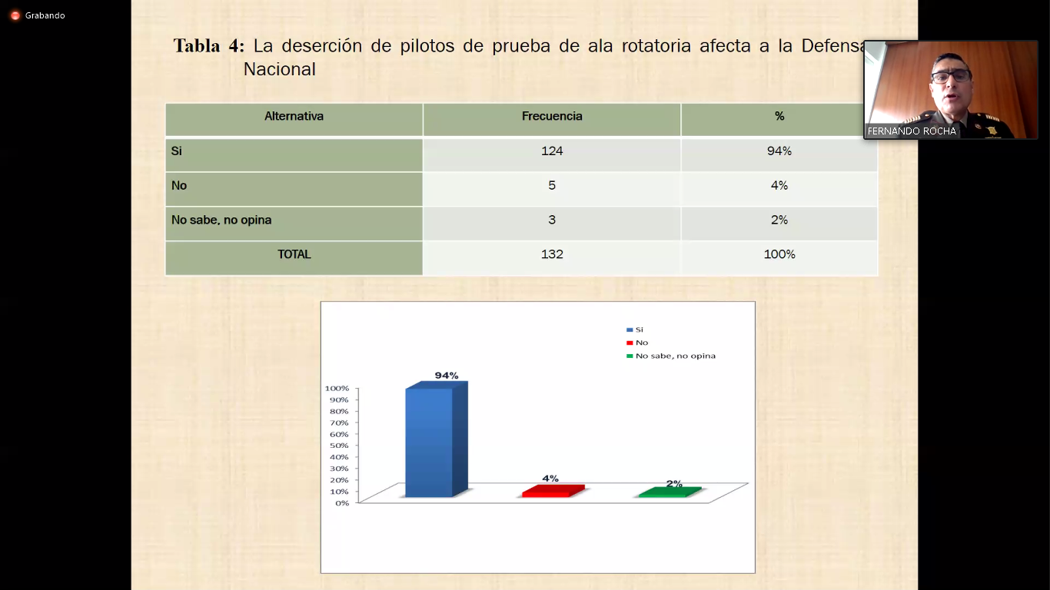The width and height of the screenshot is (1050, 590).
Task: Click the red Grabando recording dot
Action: point(15,15)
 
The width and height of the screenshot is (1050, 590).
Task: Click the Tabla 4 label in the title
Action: point(209,46)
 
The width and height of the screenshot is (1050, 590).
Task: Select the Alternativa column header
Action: point(294,116)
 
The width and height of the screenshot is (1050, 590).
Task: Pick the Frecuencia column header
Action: point(552,116)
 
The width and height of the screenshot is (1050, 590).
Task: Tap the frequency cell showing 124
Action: point(552,151)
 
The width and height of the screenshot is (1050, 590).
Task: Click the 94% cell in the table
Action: point(779,151)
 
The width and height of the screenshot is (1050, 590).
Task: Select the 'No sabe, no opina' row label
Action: point(221,220)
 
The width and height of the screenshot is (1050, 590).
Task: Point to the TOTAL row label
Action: point(294,254)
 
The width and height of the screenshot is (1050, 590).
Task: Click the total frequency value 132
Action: point(552,254)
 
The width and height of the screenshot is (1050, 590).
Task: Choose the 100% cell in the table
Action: point(779,254)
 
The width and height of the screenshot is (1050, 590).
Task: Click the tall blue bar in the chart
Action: point(436,440)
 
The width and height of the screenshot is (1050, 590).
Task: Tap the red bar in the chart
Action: point(553,491)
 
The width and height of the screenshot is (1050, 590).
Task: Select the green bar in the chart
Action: point(670,492)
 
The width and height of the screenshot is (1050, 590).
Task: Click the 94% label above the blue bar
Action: point(447,376)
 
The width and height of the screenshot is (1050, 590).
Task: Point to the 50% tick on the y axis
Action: point(340,446)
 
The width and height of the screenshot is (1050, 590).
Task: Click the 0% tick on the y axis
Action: point(342,503)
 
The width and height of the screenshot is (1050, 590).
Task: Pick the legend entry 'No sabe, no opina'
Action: point(671,356)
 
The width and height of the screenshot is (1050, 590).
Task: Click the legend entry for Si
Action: point(635,330)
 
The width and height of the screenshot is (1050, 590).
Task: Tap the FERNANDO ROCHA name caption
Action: point(912,131)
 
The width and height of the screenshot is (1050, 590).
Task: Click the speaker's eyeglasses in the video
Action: point(951,76)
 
